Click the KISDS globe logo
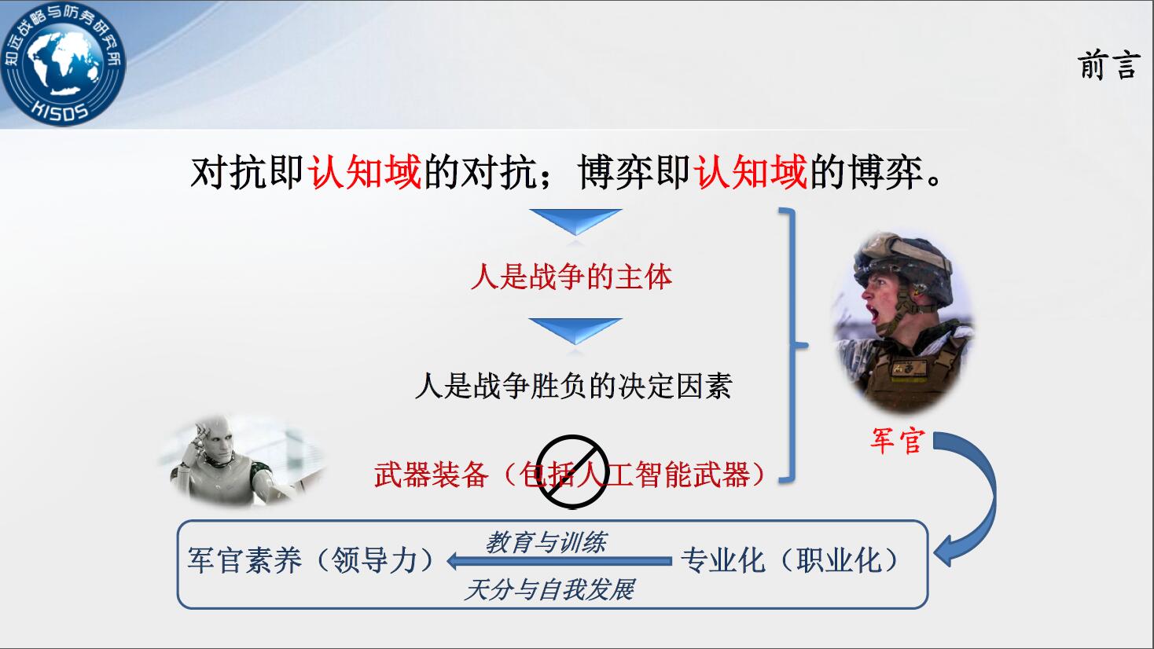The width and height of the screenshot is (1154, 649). (63, 64)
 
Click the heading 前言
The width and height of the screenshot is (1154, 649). (1107, 65)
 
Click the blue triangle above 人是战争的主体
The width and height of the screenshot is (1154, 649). (575, 221)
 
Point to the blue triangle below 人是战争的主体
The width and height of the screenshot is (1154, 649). (575, 330)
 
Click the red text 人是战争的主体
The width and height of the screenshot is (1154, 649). (571, 277)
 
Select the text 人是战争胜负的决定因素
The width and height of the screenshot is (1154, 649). (573, 386)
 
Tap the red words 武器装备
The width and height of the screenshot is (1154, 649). (432, 475)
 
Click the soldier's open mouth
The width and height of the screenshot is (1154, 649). (874, 313)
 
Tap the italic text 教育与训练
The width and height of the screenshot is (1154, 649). (546, 543)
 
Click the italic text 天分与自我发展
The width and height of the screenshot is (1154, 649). (549, 589)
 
